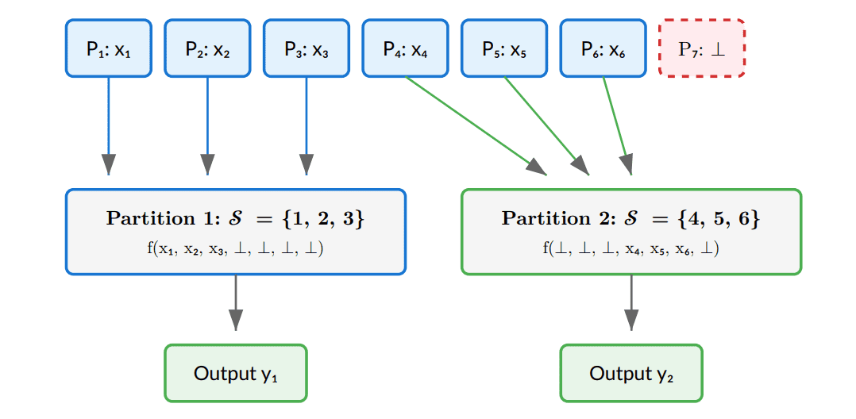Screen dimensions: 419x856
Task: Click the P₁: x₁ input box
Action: (108, 48)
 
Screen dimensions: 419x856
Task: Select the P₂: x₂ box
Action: (207, 48)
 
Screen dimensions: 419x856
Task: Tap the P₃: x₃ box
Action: (306, 48)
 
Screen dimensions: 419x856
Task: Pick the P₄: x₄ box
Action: (405, 48)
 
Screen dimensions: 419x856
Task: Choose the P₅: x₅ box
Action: (504, 48)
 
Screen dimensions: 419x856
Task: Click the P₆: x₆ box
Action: (603, 48)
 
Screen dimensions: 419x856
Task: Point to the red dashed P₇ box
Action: (702, 48)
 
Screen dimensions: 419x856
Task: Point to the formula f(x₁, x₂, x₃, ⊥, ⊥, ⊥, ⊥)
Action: (235, 248)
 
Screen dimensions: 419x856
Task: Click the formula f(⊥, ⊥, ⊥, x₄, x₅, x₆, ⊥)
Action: (631, 248)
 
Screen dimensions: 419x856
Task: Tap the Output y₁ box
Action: (235, 373)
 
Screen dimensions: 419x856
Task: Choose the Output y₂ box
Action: (631, 373)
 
